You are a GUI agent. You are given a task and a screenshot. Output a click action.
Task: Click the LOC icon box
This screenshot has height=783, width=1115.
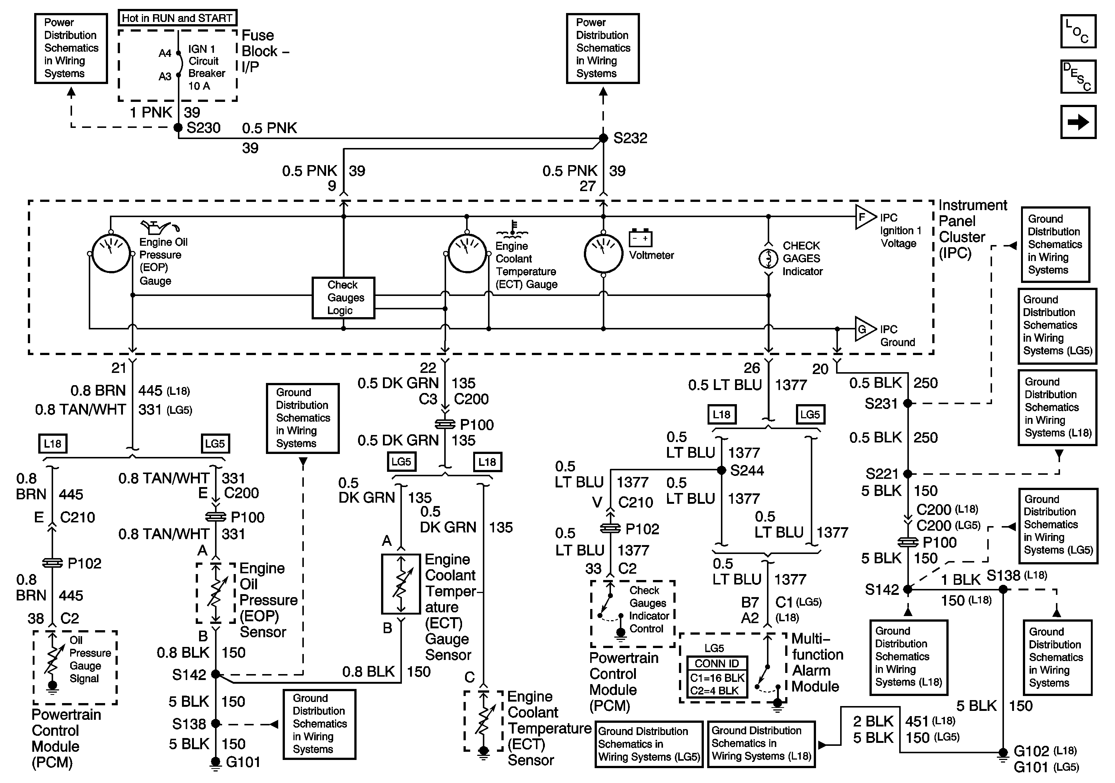pyautogui.click(x=1078, y=32)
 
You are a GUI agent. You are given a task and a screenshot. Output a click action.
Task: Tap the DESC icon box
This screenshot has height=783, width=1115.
pyautogui.click(x=1078, y=76)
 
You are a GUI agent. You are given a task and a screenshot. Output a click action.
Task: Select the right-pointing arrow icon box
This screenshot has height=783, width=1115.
pyautogui.click(x=1078, y=122)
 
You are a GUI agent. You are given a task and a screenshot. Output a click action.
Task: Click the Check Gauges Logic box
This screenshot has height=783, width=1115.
pyautogui.click(x=343, y=298)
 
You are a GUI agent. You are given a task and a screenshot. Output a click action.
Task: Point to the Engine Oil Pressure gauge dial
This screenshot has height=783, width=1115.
pyautogui.click(x=111, y=254)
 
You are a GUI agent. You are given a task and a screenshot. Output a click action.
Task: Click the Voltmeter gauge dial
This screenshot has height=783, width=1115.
pyautogui.click(x=603, y=254)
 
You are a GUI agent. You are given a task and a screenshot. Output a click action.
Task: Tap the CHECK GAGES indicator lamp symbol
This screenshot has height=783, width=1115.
pyautogui.click(x=768, y=258)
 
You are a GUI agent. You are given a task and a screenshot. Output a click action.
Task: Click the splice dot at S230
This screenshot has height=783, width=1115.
pyautogui.click(x=178, y=128)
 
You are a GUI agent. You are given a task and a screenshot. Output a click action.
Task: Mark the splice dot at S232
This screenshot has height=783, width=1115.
pyautogui.click(x=603, y=138)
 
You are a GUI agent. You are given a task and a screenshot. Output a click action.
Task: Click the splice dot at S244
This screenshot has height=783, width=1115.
pyautogui.click(x=722, y=470)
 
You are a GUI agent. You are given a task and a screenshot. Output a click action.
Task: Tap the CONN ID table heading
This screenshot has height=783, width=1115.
pyautogui.click(x=717, y=663)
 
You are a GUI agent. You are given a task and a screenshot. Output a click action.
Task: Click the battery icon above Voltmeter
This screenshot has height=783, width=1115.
pyautogui.click(x=641, y=238)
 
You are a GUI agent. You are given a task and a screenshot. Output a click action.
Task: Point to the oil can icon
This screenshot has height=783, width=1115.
pyautogui.click(x=160, y=227)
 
